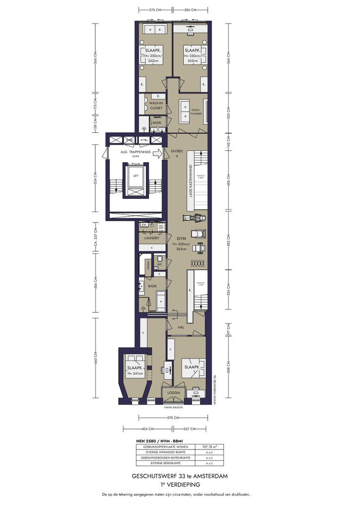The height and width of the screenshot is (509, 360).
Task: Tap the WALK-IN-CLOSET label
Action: pos(156,105)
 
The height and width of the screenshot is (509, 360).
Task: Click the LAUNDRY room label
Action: pos(148,238)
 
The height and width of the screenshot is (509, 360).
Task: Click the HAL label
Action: pos(181,327)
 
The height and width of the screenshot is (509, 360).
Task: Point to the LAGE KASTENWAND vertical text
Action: pos(190,181)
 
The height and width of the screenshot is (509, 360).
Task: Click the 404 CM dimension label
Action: pos(147,429)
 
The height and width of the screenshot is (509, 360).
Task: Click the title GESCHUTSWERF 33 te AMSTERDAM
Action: pos(180,476)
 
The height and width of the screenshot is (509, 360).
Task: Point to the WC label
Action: pos(159,264)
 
